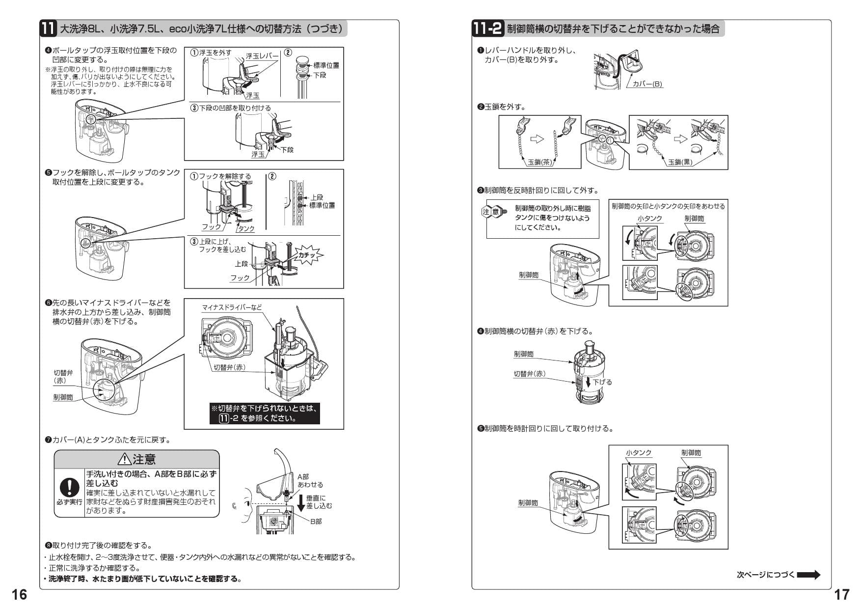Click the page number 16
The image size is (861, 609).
pyautogui.click(x=19, y=594)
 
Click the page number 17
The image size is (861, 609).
pyautogui.click(x=841, y=594)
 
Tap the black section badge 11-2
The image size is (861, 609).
pyautogui.click(x=487, y=28)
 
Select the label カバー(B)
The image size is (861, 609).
pyautogui.click(x=647, y=84)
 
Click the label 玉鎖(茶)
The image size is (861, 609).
pyautogui.click(x=539, y=162)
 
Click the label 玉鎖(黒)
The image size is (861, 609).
pyautogui.click(x=680, y=162)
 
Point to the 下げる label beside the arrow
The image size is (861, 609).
pyautogui.click(x=602, y=382)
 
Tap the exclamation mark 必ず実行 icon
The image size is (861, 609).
pyautogui.click(x=70, y=487)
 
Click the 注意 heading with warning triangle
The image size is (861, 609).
pyautogui.click(x=136, y=459)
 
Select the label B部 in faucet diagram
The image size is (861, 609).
pyautogui.click(x=316, y=521)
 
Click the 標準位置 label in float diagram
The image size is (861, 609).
pyautogui.click(x=326, y=65)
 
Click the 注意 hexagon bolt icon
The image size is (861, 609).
pyautogui.click(x=493, y=212)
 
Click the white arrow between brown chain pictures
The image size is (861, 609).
pyautogui.click(x=538, y=139)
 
